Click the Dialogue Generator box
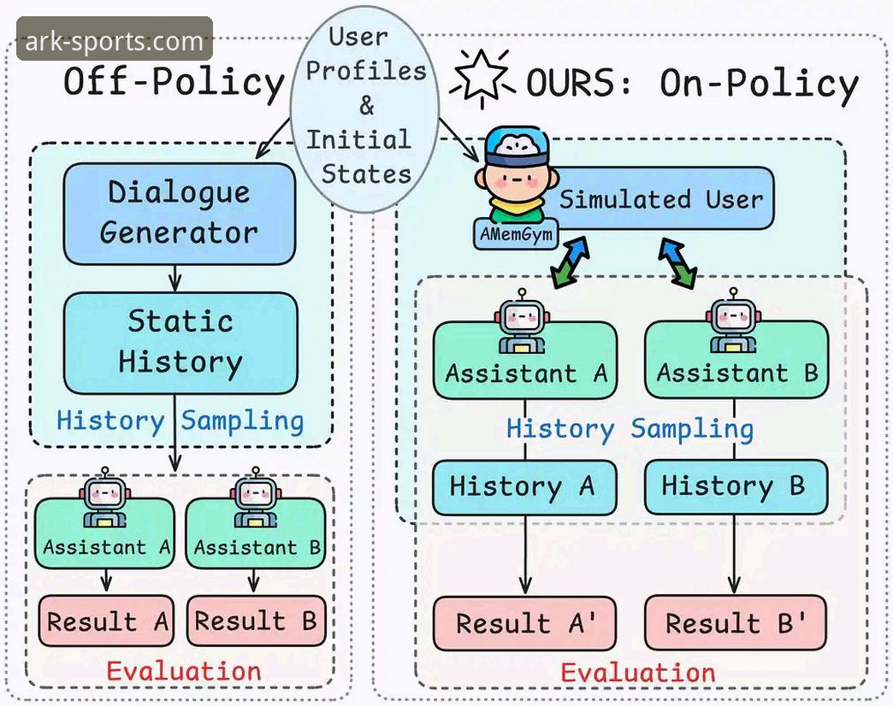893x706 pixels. [180, 214]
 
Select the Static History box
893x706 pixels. [180, 343]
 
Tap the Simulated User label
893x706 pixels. [660, 199]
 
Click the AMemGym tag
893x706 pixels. [516, 234]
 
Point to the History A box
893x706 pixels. [524, 487]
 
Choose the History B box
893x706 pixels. [736, 487]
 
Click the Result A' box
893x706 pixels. [524, 623]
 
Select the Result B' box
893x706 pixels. [736, 623]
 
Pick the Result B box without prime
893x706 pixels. [257, 621]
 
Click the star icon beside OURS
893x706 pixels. [482, 79]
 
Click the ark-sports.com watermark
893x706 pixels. [115, 40]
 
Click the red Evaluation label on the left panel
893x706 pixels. [183, 672]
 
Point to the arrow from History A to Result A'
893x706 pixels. [525, 556]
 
